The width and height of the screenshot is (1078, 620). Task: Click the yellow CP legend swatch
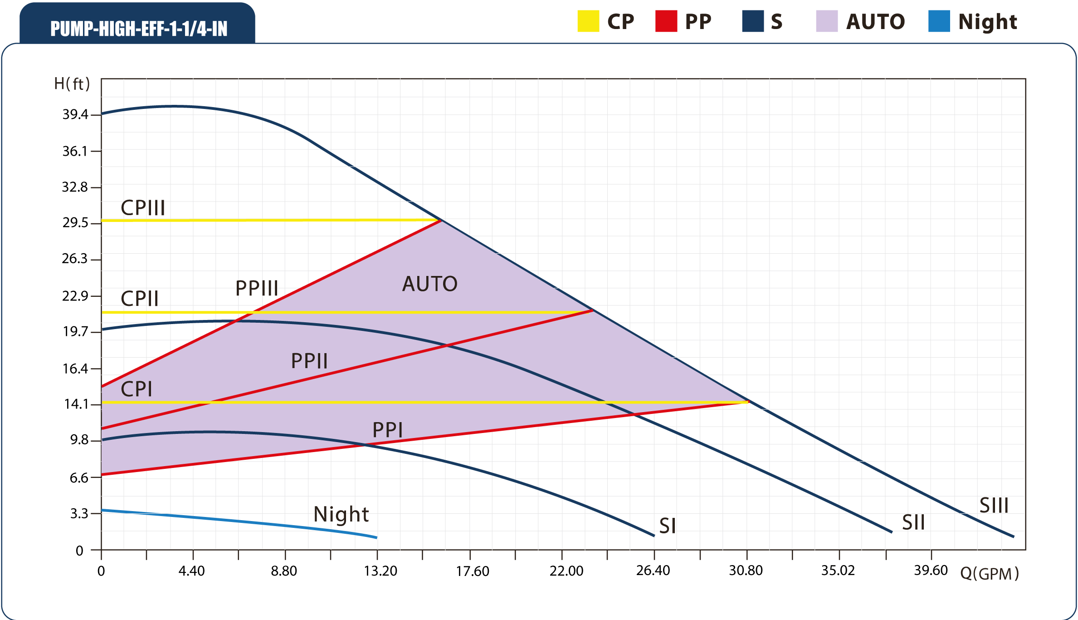(588, 21)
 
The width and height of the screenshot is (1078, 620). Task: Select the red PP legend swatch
(666, 21)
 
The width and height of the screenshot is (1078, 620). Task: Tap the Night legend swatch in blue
(939, 21)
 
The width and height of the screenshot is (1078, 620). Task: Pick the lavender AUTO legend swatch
(826, 21)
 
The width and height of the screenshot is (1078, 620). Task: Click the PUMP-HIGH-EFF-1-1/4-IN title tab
(138, 28)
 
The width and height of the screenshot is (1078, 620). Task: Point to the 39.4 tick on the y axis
(75, 114)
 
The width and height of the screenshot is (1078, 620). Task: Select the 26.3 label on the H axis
(75, 259)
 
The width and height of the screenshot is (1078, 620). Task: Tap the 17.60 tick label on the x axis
(472, 571)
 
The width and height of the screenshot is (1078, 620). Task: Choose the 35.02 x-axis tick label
(838, 571)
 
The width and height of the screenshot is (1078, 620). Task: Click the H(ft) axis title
(72, 84)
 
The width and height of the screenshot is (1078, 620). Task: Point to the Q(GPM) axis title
(989, 574)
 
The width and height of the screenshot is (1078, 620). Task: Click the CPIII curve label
(143, 208)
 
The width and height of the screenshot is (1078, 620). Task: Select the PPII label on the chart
(309, 361)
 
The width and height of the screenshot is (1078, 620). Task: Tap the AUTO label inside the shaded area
(429, 284)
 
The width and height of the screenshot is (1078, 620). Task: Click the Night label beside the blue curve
(341, 514)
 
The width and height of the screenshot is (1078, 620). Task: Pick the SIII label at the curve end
(994, 506)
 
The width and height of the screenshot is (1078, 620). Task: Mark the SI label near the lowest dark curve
(668, 526)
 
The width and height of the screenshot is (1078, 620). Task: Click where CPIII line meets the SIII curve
(441, 221)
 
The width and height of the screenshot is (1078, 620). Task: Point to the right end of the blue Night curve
(376, 537)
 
